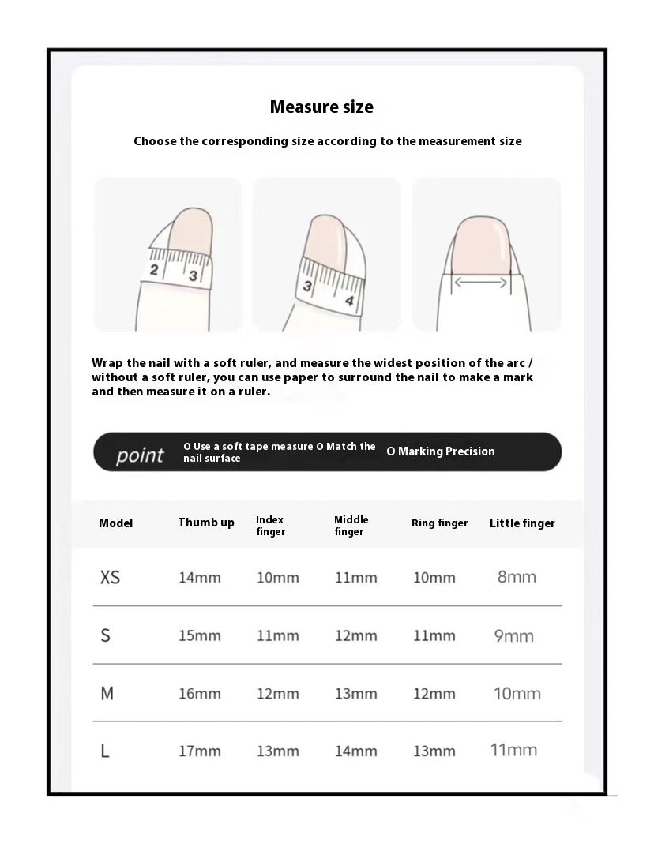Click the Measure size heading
point(321,107)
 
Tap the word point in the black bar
point(140,455)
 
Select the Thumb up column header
point(206,523)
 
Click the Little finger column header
point(522,523)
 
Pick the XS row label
point(111,577)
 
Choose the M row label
point(107,693)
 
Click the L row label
point(105,751)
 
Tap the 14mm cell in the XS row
point(199,578)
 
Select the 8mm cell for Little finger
point(517,577)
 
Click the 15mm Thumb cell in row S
point(199,635)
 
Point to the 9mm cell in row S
point(513,635)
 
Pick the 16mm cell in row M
point(199,694)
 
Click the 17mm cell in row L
point(199,751)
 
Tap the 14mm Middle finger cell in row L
point(355,751)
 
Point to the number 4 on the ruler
point(348,301)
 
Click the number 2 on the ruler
point(155,271)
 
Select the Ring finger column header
point(439,523)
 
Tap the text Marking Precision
point(441,451)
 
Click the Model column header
point(115,523)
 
